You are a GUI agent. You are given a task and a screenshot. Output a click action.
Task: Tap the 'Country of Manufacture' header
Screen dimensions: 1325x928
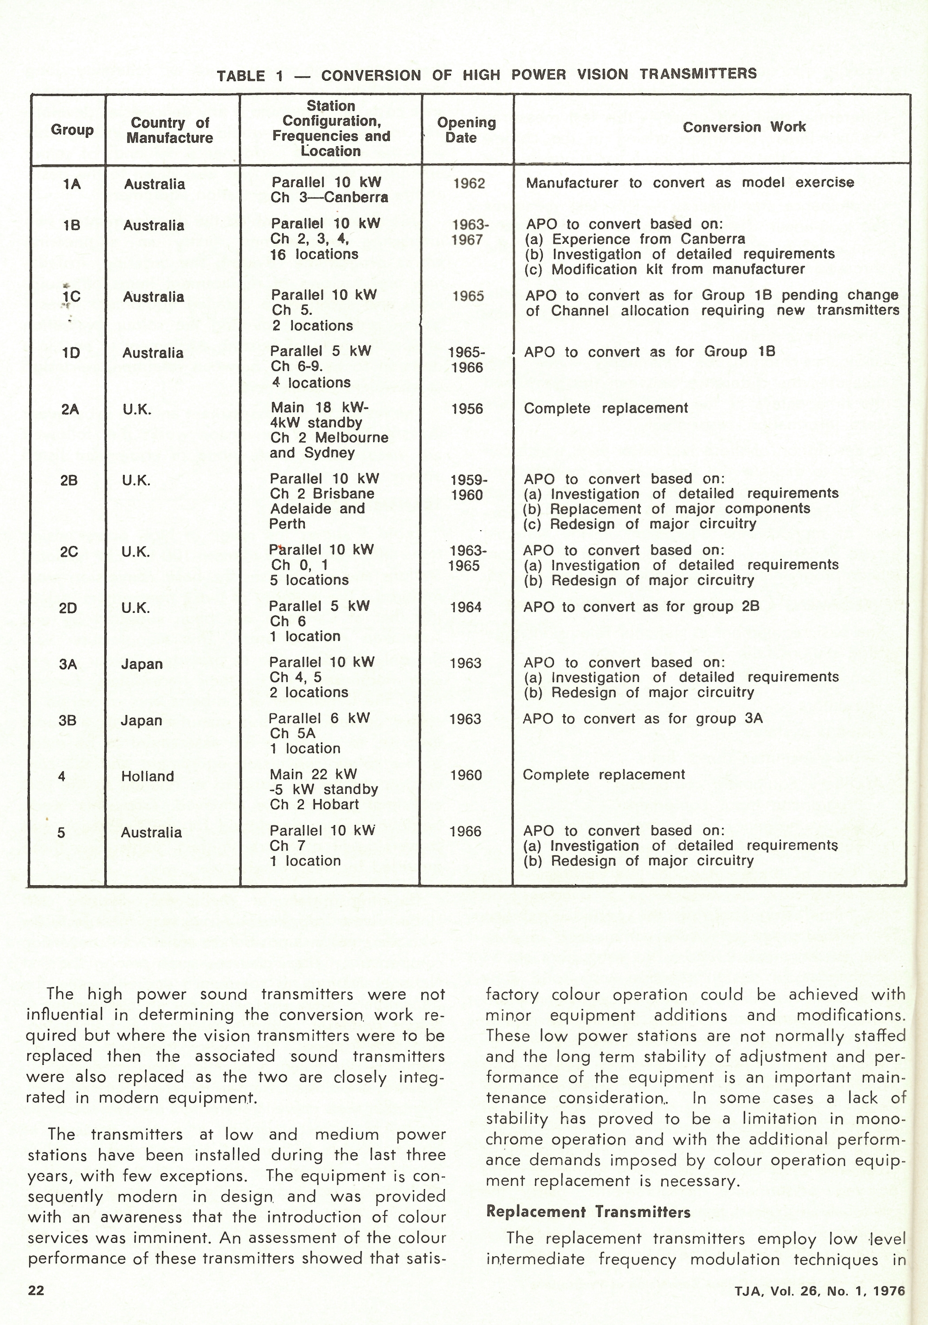click(x=170, y=130)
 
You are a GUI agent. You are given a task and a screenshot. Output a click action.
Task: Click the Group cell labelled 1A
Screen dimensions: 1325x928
click(x=72, y=184)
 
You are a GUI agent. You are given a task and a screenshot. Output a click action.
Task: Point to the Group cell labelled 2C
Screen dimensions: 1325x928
click(x=69, y=552)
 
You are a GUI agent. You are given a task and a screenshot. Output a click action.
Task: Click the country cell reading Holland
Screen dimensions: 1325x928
click(x=148, y=776)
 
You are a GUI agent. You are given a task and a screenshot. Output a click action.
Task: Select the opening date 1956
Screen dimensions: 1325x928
click(x=466, y=409)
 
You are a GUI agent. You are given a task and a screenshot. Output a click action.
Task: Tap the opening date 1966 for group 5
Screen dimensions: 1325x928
click(x=465, y=831)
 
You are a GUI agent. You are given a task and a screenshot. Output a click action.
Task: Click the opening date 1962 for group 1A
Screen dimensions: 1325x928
click(x=469, y=183)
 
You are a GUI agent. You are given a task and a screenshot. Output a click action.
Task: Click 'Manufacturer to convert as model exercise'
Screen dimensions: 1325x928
click(x=690, y=183)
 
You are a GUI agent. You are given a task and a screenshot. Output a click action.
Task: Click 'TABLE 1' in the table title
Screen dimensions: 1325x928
click(x=249, y=76)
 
